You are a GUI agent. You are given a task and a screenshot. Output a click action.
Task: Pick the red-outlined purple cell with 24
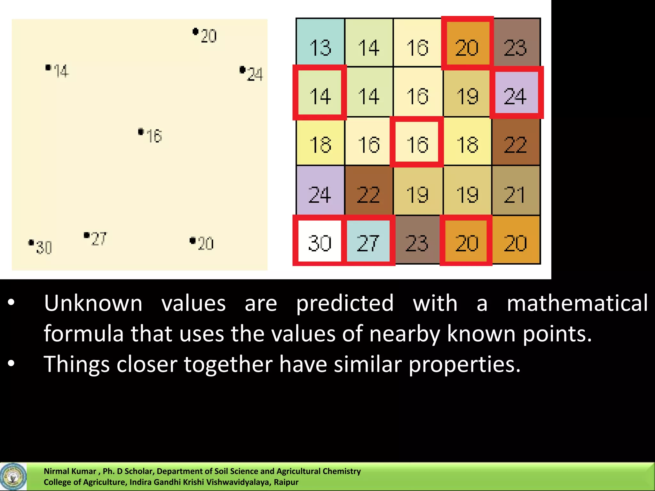coord(515,93)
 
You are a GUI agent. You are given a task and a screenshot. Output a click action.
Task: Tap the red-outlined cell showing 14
coord(320,93)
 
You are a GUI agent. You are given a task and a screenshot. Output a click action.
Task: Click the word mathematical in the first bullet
coord(577,303)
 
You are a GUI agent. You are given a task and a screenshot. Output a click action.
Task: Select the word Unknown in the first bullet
coord(93,303)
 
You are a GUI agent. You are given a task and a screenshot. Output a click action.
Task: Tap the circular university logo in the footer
coord(13,477)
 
